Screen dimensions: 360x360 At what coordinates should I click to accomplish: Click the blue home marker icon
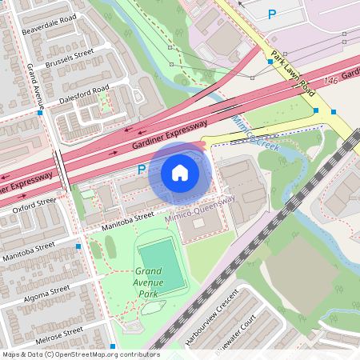[180, 172]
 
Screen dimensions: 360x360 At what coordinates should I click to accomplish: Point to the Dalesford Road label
[82, 94]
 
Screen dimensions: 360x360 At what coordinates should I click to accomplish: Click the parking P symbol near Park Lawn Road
[272, 14]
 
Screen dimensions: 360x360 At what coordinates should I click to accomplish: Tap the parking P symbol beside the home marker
[142, 170]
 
